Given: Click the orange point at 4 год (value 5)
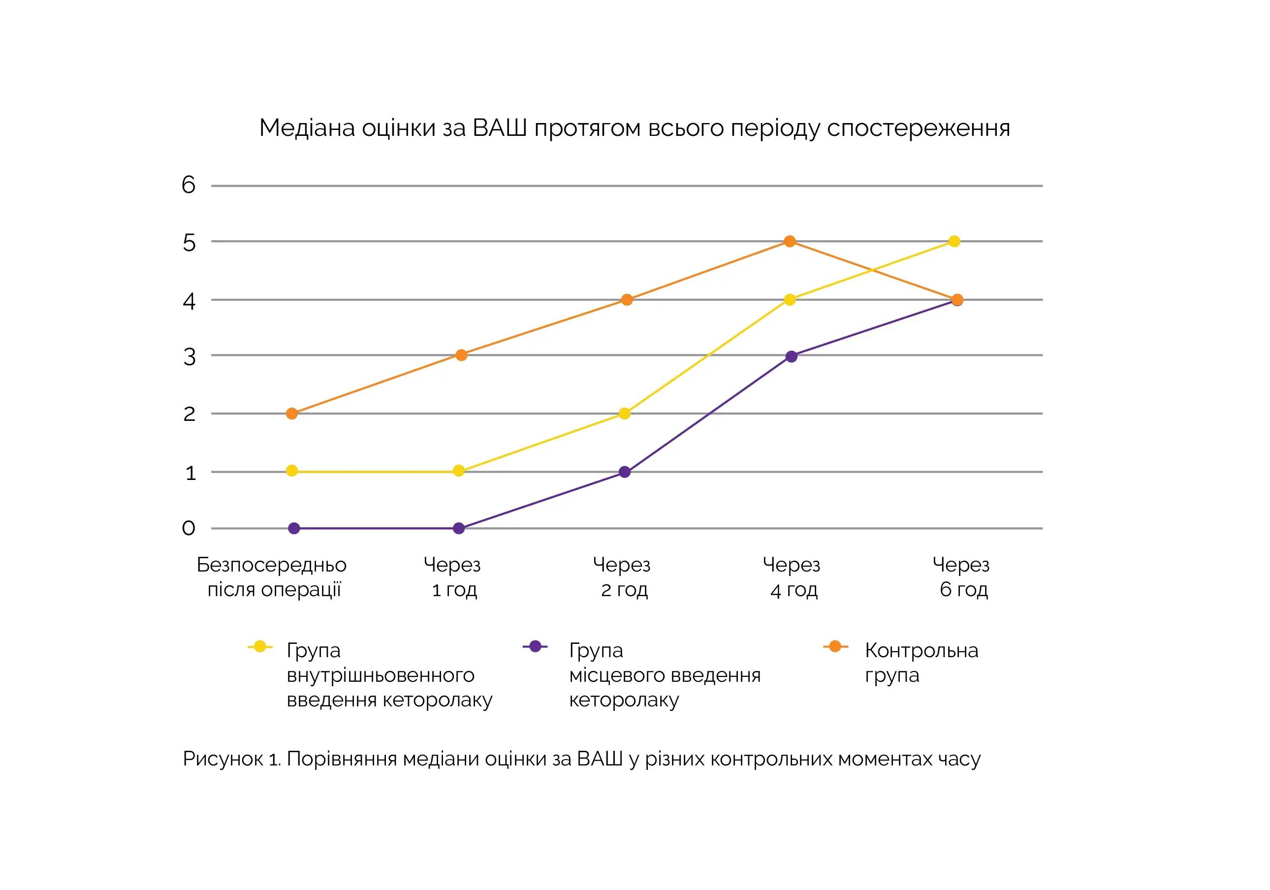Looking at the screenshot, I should pyautogui.click(x=790, y=241).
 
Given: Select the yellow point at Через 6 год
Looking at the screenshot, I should pyautogui.click(x=954, y=241).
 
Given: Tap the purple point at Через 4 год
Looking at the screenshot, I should pyautogui.click(x=792, y=356).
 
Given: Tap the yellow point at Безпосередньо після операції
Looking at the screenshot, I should pyautogui.click(x=292, y=471).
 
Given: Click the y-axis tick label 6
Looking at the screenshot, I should pyautogui.click(x=189, y=185).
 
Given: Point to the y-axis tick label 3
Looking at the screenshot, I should pyautogui.click(x=189, y=357).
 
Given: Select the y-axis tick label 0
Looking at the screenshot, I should pyautogui.click(x=189, y=528).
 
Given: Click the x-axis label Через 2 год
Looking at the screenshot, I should pyautogui.click(x=622, y=577).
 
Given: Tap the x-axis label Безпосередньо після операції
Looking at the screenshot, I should pyautogui.click(x=272, y=577).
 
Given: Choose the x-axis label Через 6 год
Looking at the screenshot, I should pyautogui.click(x=962, y=577).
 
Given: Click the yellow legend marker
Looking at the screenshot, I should pyautogui.click(x=260, y=647).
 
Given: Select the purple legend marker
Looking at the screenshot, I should pyautogui.click(x=535, y=647).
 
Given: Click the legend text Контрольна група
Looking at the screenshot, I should pyautogui.click(x=921, y=662).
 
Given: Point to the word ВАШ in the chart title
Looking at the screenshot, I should pyautogui.click(x=499, y=128).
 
